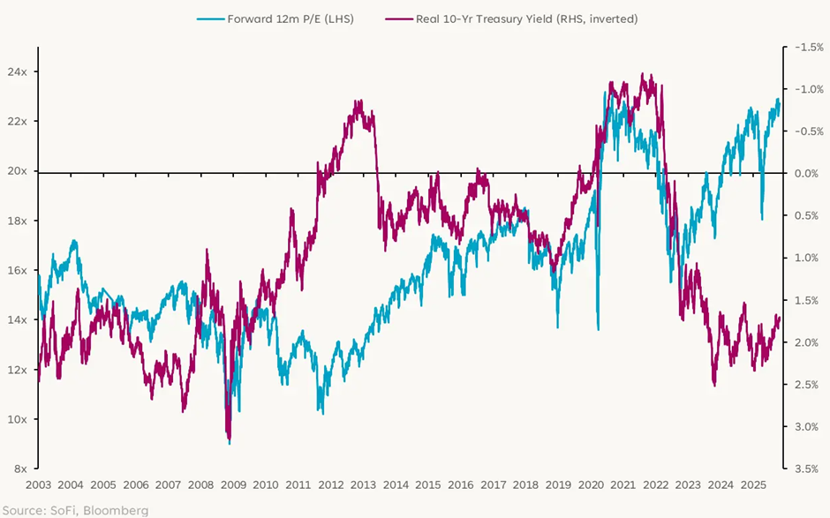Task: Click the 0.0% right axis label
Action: click(806, 174)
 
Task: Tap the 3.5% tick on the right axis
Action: click(806, 469)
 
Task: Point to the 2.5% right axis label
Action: click(806, 385)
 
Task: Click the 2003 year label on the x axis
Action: click(39, 485)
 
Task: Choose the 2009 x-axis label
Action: click(233, 485)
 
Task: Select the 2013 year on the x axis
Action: click(364, 485)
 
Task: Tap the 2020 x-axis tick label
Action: click(591, 485)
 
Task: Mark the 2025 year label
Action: click(752, 485)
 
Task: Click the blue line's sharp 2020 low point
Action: click(599, 329)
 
